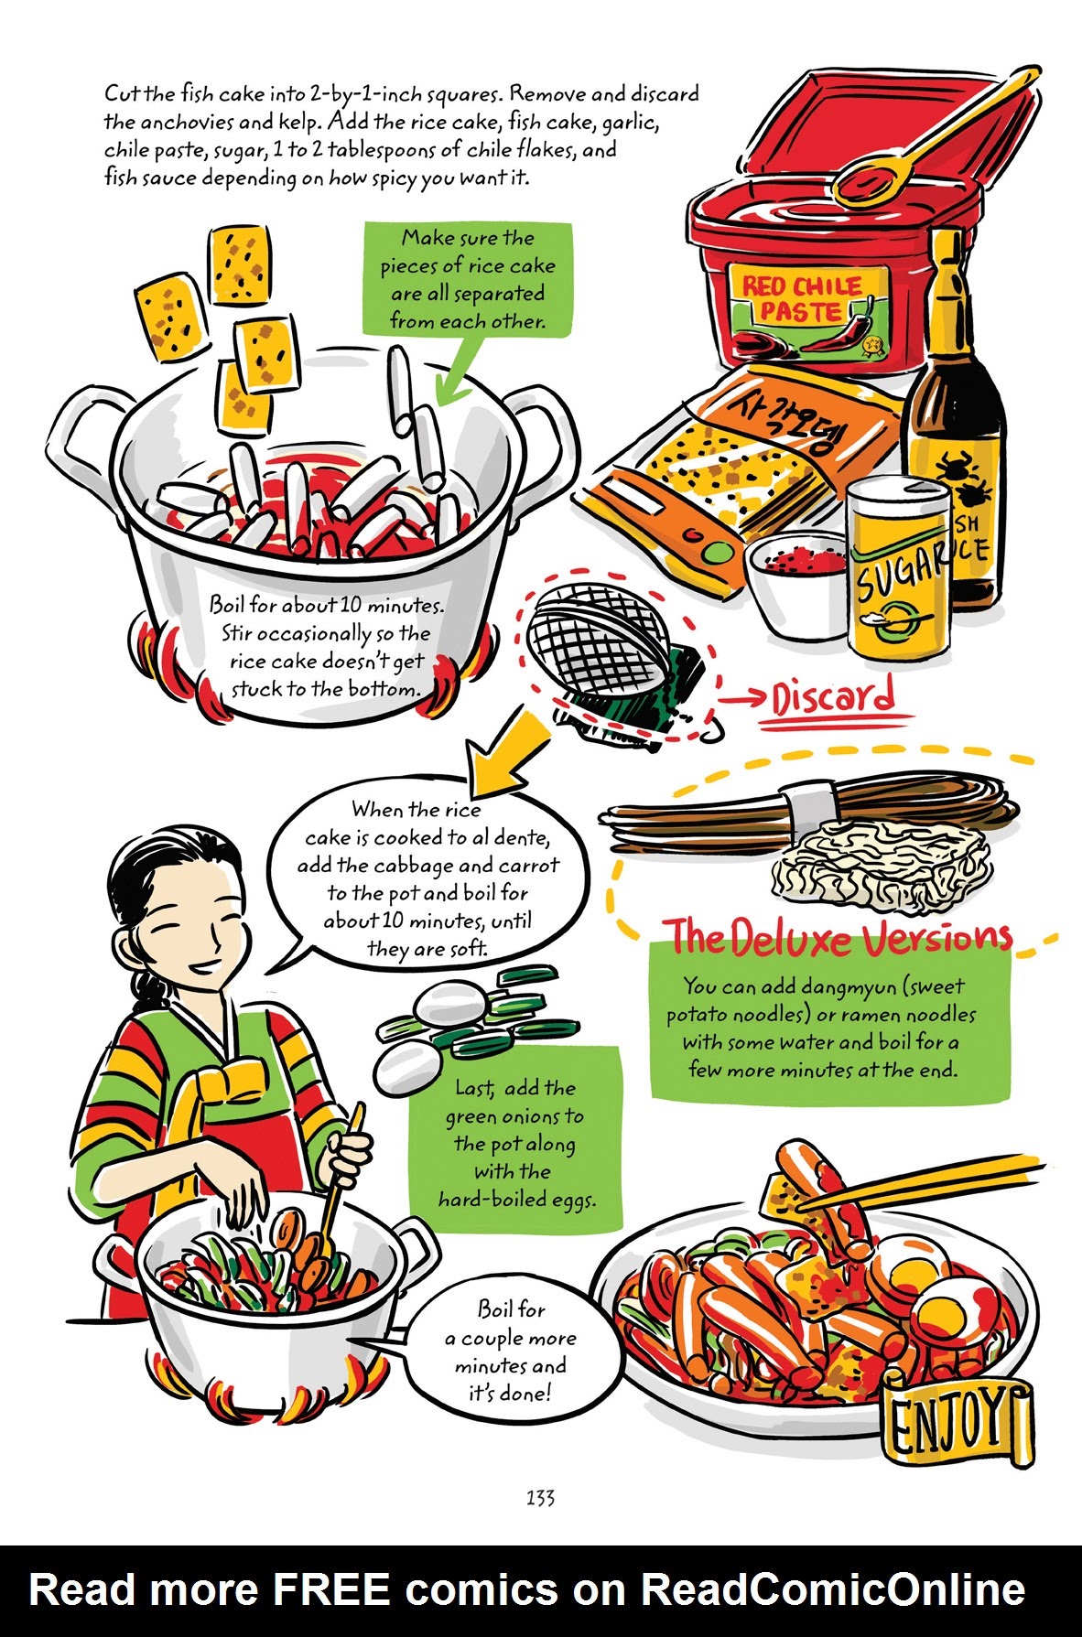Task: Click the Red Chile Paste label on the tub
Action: pyautogui.click(x=798, y=298)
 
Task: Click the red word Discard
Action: pyautogui.click(x=832, y=699)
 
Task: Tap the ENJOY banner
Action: pyautogui.click(x=952, y=1423)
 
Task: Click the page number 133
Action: pyautogui.click(x=540, y=1498)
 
